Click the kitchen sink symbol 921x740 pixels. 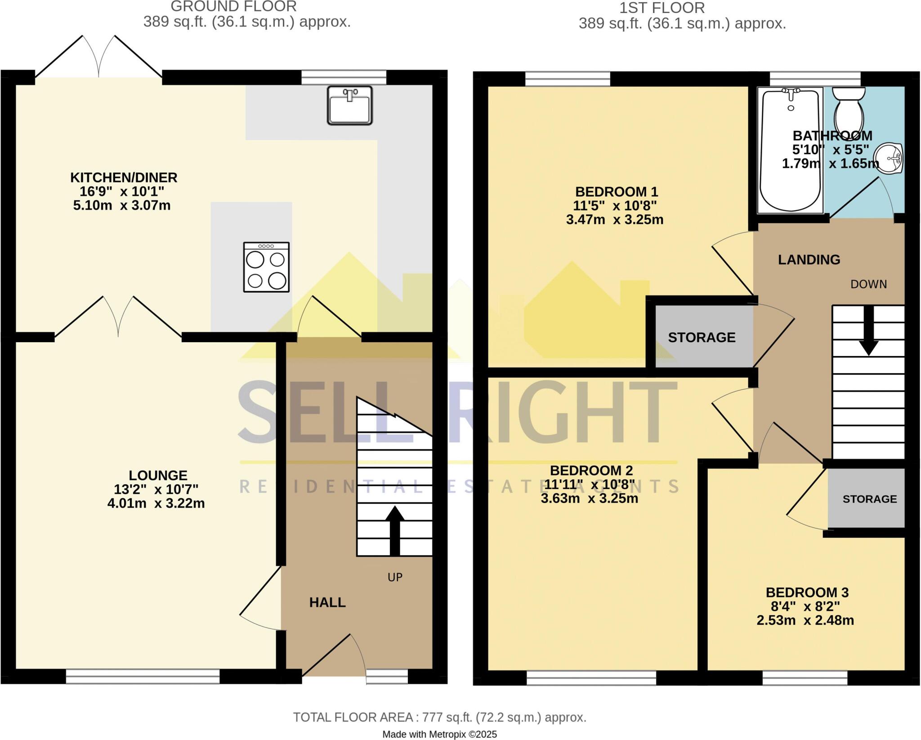pos(350,106)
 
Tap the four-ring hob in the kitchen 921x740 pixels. pos(266,267)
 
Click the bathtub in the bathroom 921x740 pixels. pos(790,150)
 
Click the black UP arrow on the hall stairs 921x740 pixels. pos(394,530)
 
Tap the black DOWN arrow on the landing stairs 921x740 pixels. pos(868,330)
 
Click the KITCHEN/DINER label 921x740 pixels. pos(124,178)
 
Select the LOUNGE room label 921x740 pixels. pos(158,475)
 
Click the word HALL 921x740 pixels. pos(327,602)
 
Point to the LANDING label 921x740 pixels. pos(809,259)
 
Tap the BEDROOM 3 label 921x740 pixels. pos(807,593)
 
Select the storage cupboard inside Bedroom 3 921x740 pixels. pos(866,498)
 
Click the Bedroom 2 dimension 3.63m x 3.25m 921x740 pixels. pos(590,498)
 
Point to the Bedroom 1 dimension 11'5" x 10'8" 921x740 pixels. pos(615,205)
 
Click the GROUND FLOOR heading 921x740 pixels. pos(233,6)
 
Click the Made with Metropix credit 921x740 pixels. pos(439,735)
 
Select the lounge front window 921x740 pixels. pos(143,676)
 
